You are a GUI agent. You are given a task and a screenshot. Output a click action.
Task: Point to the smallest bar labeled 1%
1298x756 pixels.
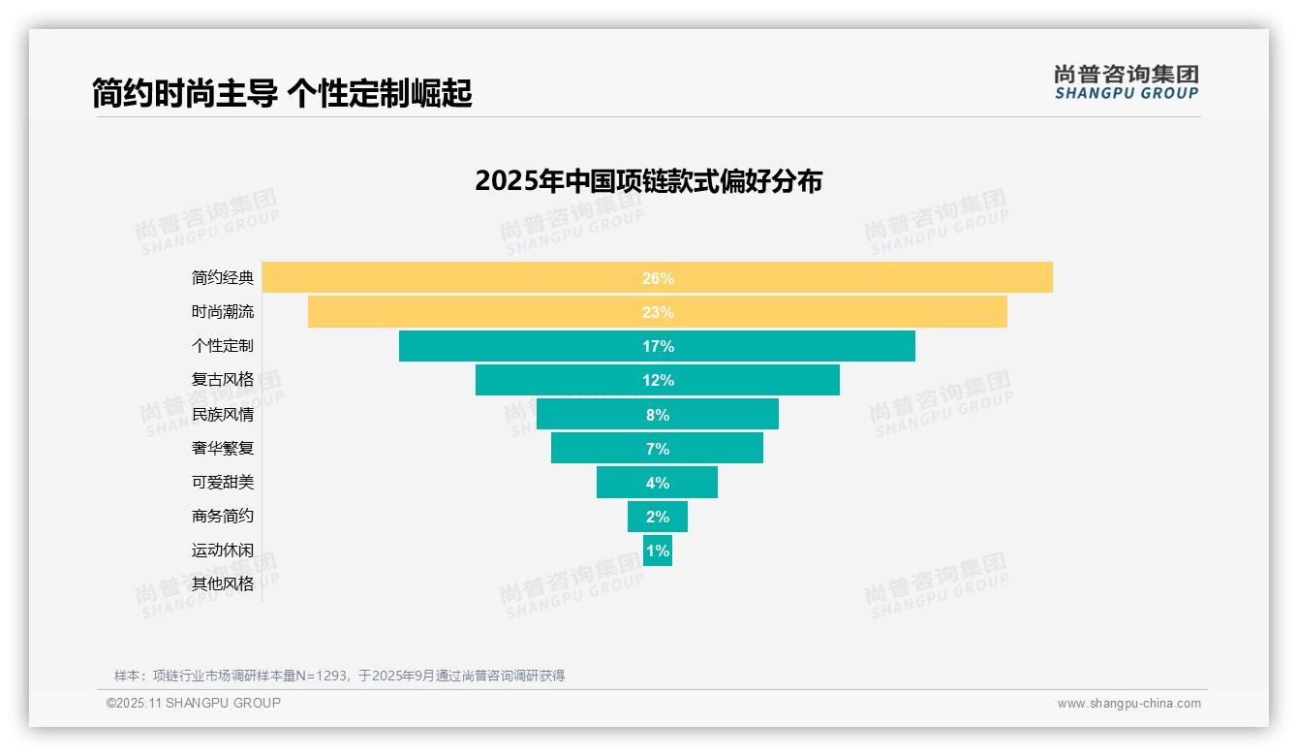click(x=657, y=551)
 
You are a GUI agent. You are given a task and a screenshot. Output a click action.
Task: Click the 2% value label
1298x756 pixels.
click(x=657, y=517)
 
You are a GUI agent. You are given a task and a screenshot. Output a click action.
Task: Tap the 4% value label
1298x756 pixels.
click(x=657, y=483)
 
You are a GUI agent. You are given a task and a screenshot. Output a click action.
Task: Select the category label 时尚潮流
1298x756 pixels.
click(x=223, y=312)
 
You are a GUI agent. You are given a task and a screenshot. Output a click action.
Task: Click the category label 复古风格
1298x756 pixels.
click(x=223, y=380)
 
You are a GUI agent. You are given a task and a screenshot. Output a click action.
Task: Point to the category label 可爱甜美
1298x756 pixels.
click(x=223, y=483)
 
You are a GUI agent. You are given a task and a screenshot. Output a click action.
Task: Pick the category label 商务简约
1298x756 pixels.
click(x=223, y=517)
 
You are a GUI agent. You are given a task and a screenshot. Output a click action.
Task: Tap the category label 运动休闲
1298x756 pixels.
click(x=223, y=551)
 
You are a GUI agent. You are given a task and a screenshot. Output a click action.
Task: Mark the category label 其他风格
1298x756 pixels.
click(x=223, y=584)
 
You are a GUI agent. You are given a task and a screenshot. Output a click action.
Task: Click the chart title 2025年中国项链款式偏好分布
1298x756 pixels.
click(x=648, y=181)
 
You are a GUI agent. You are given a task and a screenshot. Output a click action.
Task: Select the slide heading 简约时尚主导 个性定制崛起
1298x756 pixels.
click(x=282, y=93)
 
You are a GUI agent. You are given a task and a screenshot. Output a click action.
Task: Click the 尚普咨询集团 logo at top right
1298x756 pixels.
click(x=1126, y=82)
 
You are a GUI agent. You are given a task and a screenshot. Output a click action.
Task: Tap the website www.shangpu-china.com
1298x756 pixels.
click(x=1128, y=704)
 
